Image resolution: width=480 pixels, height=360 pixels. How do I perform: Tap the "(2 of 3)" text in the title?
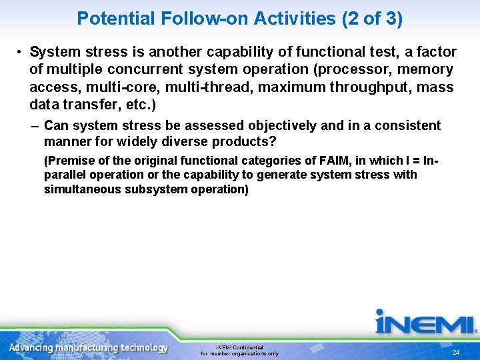click(372, 18)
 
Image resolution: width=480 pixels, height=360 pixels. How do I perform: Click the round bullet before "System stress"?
click(21, 53)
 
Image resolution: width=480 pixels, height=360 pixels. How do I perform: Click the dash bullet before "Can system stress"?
click(34, 126)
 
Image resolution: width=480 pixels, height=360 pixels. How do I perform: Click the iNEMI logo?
click(425, 323)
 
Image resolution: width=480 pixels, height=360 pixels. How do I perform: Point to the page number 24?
click(456, 352)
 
